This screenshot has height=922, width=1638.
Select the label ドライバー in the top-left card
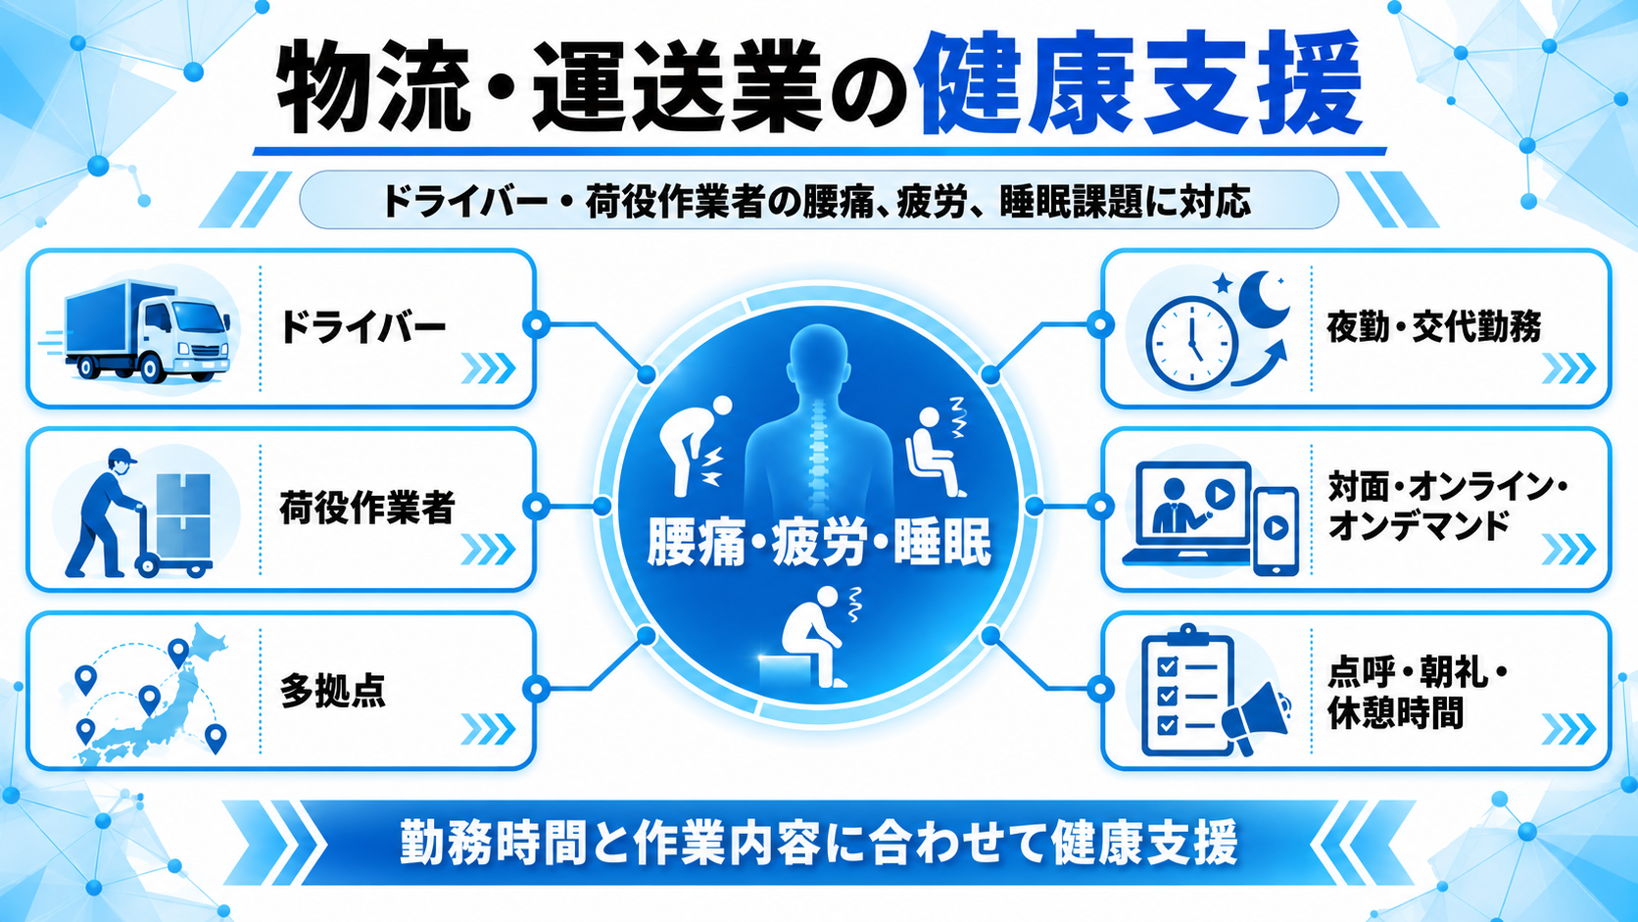[362, 327]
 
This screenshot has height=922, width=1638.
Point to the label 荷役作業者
[367, 508]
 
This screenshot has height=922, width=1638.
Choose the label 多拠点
[333, 691]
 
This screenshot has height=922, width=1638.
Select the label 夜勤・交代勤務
[1434, 326]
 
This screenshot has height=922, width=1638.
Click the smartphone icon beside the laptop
[1277, 531]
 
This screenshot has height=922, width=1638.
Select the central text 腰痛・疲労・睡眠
[819, 542]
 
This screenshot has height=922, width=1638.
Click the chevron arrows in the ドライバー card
[488, 368]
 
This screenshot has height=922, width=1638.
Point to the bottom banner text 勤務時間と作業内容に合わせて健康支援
[819, 843]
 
